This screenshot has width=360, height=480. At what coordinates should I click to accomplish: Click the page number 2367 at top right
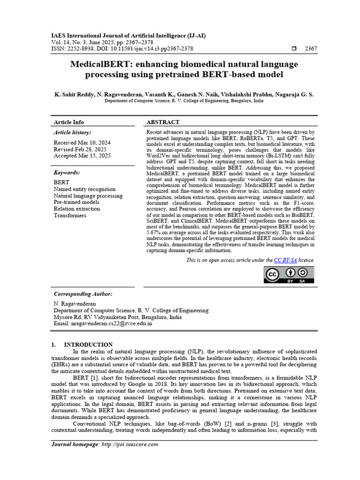tap(311, 48)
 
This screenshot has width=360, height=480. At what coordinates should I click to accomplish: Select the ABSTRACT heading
tap(163, 122)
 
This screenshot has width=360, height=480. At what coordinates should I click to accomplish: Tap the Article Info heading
tap(69, 122)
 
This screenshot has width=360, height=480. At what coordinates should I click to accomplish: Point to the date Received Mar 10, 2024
tap(82, 142)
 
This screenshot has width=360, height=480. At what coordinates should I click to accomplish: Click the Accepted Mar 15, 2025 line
tap(82, 156)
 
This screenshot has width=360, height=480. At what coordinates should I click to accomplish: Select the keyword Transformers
tap(70, 215)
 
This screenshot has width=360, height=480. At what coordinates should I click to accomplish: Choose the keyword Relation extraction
tap(77, 209)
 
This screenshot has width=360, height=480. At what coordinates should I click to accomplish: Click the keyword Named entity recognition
tap(84, 189)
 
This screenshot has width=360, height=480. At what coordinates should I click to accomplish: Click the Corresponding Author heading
tap(83, 293)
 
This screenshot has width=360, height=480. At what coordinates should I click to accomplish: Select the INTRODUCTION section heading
tap(88, 345)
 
